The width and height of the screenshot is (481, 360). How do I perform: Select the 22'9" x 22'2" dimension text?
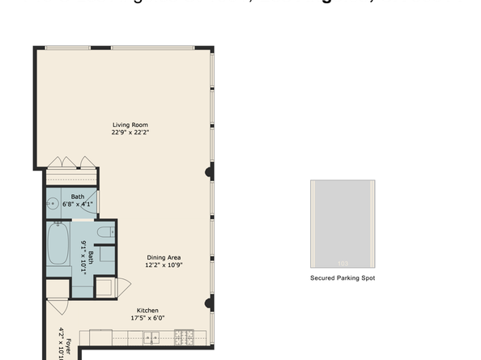(130, 132)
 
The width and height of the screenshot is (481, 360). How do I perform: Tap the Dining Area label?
(163, 258)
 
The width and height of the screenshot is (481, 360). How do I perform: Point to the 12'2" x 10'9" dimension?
(163, 265)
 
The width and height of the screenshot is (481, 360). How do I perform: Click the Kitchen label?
(147, 311)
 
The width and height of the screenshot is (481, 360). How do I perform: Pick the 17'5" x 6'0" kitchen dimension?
(147, 318)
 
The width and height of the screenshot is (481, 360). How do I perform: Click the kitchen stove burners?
(184, 337)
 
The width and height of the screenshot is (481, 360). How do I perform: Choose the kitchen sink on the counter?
(151, 337)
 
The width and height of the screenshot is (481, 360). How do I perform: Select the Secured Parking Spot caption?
(343, 278)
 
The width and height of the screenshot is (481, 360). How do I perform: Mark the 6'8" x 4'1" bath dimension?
(78, 204)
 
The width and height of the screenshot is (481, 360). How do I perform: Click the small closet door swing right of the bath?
(123, 285)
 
